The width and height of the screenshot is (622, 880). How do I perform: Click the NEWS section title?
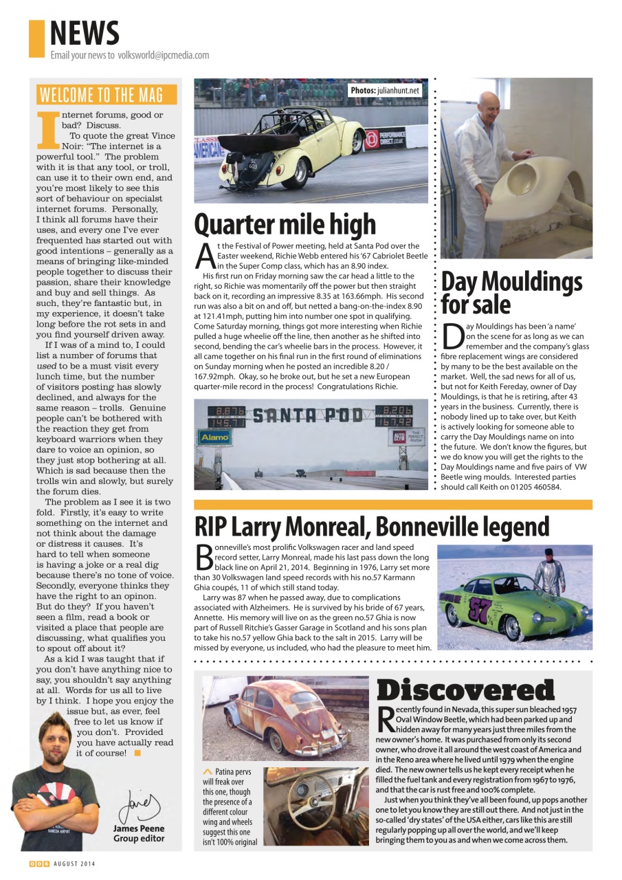coord(85,33)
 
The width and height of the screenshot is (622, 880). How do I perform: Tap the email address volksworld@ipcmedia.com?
coord(163,55)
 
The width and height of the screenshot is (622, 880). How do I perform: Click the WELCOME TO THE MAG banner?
coord(107,95)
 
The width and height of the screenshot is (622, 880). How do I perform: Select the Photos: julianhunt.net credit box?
coord(385,90)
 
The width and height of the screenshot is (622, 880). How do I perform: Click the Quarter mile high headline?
coord(285,224)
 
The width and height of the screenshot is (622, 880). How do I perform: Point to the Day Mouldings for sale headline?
coord(511,293)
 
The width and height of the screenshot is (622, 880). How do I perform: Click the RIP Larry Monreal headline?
coord(372,527)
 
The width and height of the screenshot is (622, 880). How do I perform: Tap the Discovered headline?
coord(466,690)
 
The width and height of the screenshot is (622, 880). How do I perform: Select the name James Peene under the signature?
coord(139,829)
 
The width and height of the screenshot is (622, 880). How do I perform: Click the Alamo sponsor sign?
coord(214,437)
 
